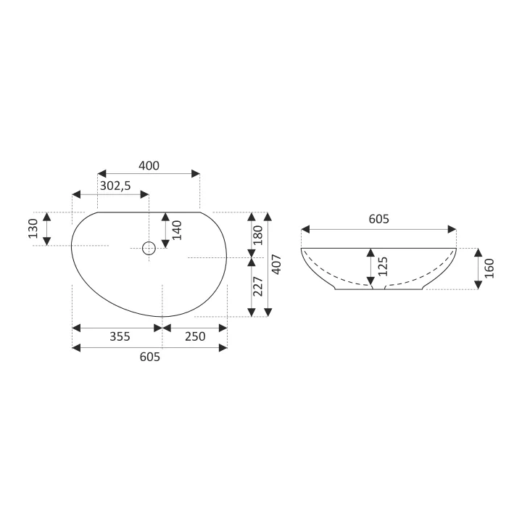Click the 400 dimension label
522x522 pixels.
tap(149, 165)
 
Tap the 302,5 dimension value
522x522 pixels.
tap(115, 186)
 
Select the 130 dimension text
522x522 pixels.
tap(33, 228)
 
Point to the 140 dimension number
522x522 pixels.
tap(177, 230)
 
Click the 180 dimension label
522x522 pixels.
tap(258, 236)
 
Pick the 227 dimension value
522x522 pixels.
tap(258, 286)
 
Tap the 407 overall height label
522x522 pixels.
tap(277, 265)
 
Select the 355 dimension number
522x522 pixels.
tap(120, 336)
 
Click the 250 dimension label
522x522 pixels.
tap(195, 336)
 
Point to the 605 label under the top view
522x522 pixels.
tap(150, 357)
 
